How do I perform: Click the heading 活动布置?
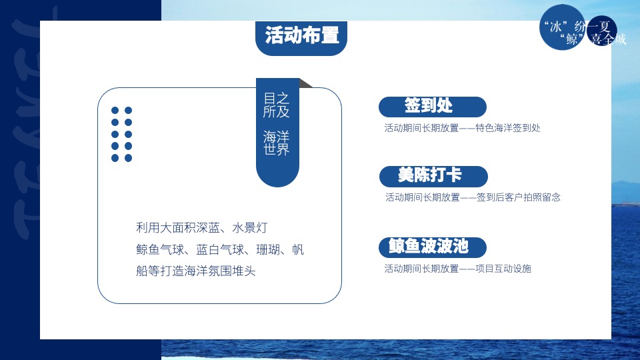[301, 36]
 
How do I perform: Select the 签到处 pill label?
[428, 106]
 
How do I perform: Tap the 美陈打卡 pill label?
[429, 176]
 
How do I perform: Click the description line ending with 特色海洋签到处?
[462, 127]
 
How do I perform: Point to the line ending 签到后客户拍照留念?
[473, 197]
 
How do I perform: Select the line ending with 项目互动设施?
[457, 269]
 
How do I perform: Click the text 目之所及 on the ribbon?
[276, 105]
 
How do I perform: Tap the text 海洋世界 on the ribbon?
[276, 143]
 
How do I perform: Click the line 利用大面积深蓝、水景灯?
[202, 228]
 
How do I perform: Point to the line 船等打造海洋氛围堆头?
[196, 271]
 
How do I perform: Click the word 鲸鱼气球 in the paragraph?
[158, 250]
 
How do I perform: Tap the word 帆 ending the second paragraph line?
[298, 250]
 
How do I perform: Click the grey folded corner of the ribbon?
[305, 83]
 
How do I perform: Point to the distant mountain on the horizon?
[627, 187]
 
